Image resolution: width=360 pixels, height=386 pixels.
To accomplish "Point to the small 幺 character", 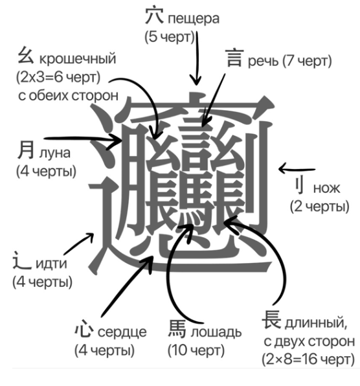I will pos(23,57).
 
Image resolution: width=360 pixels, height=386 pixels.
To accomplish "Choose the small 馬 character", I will pos(178,330).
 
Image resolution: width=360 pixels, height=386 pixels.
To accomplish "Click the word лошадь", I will pos(216,333).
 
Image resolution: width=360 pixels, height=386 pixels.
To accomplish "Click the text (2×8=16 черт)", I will pos(308,358).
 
